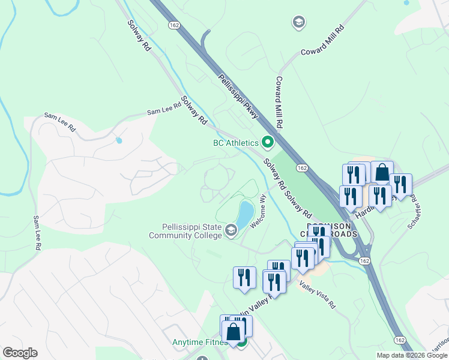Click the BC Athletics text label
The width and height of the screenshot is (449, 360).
click(x=235, y=143)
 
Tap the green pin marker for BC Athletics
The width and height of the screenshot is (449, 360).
click(x=267, y=143)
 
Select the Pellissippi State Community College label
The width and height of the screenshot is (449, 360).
click(x=191, y=231)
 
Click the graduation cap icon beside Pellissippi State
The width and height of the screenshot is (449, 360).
click(x=231, y=230)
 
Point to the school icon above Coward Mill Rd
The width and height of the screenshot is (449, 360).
click(x=298, y=23)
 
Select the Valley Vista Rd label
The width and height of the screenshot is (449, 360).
click(x=317, y=295)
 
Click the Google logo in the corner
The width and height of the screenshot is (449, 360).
click(x=20, y=353)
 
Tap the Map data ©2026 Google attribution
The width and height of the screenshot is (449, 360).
click(x=412, y=355)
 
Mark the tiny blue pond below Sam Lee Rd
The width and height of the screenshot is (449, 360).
click(x=118, y=140)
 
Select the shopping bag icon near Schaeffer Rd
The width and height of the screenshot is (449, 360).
click(x=382, y=173)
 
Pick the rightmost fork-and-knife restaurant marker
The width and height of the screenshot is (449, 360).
click(x=400, y=184)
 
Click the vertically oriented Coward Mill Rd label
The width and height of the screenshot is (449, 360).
click(x=279, y=101)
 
